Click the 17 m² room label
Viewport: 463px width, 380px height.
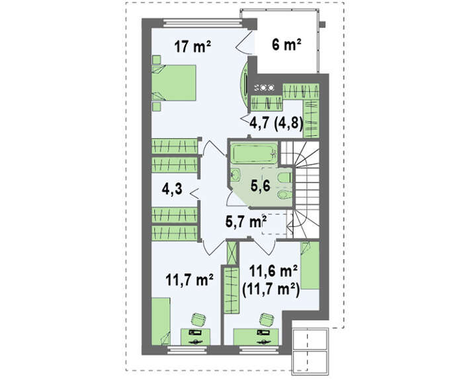click(192, 46)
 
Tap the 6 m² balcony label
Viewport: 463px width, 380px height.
click(286, 45)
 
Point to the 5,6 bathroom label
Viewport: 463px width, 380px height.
click(261, 186)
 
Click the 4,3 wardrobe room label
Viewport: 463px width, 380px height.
click(172, 189)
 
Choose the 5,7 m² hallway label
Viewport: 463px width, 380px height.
click(246, 221)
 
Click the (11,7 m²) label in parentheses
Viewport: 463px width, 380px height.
click(271, 290)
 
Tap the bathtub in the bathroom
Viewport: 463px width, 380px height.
click(254, 153)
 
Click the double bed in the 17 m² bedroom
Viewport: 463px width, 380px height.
click(174, 83)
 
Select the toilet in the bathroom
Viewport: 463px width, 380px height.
click(284, 178)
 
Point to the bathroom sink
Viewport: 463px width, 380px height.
click(235, 176)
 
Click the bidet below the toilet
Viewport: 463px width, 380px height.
click(284, 194)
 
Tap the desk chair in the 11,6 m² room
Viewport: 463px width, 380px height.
click(267, 319)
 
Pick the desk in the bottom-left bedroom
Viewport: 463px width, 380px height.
click(196, 336)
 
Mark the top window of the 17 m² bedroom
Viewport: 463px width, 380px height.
click(203, 22)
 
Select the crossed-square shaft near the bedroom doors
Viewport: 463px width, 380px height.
click(232, 253)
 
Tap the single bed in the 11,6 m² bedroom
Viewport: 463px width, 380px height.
click(310, 265)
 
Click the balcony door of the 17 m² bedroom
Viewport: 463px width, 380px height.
click(243, 42)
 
